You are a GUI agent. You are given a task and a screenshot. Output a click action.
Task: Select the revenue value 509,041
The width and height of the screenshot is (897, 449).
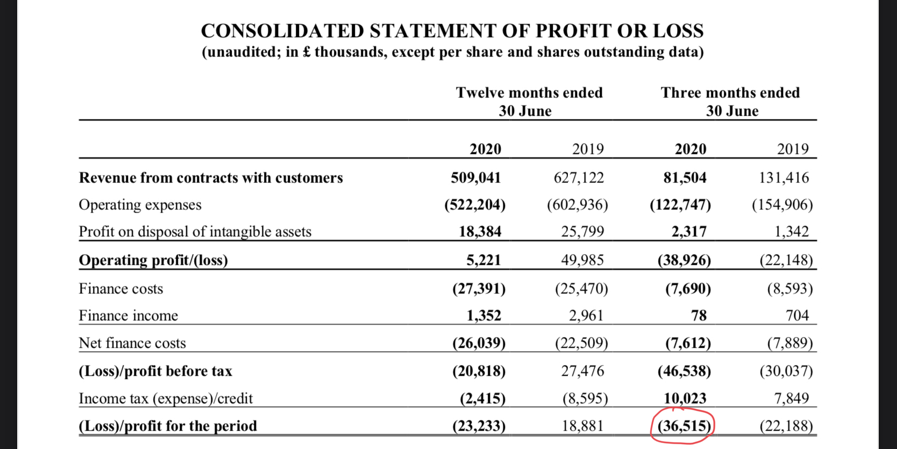pyautogui.click(x=476, y=178)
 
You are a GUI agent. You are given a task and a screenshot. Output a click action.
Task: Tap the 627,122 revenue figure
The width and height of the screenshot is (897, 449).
pyautogui.click(x=579, y=178)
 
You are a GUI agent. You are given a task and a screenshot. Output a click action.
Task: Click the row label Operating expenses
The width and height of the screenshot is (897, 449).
pyautogui.click(x=140, y=205)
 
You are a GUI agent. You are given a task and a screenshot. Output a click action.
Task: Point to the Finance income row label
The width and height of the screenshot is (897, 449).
pyautogui.click(x=128, y=315)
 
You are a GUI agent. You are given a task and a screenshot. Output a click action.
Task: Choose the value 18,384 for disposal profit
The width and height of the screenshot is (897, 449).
pyautogui.click(x=480, y=231)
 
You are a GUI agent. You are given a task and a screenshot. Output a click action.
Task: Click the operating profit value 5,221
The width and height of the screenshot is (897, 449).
pyautogui.click(x=483, y=260)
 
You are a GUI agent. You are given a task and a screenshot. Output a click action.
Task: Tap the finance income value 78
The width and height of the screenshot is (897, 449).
pyautogui.click(x=699, y=315)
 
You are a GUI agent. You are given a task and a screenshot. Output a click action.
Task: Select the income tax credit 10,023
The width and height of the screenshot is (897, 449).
pyautogui.click(x=685, y=398)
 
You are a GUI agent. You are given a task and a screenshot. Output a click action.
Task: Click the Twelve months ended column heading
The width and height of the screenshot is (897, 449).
pyautogui.click(x=529, y=93)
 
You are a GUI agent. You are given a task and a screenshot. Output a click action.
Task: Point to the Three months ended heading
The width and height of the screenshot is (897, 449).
pyautogui.click(x=730, y=93)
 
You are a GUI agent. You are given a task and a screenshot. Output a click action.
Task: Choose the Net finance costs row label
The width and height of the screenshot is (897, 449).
pyautogui.click(x=132, y=343)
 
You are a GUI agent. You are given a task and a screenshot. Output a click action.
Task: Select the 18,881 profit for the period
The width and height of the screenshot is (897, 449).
pyautogui.click(x=582, y=426)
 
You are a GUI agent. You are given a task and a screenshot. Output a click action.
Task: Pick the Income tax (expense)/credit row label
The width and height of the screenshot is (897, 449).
pyautogui.click(x=166, y=398)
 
